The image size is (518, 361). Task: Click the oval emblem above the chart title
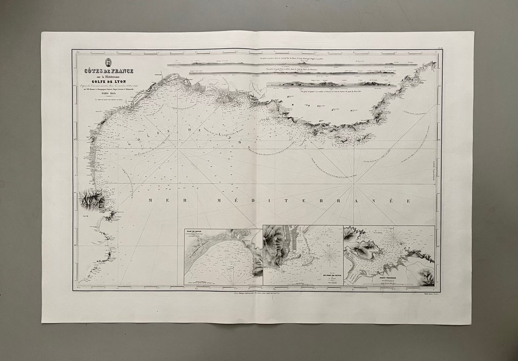108,62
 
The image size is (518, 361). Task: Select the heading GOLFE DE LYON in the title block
109,80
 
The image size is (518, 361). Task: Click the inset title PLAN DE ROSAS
195,231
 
